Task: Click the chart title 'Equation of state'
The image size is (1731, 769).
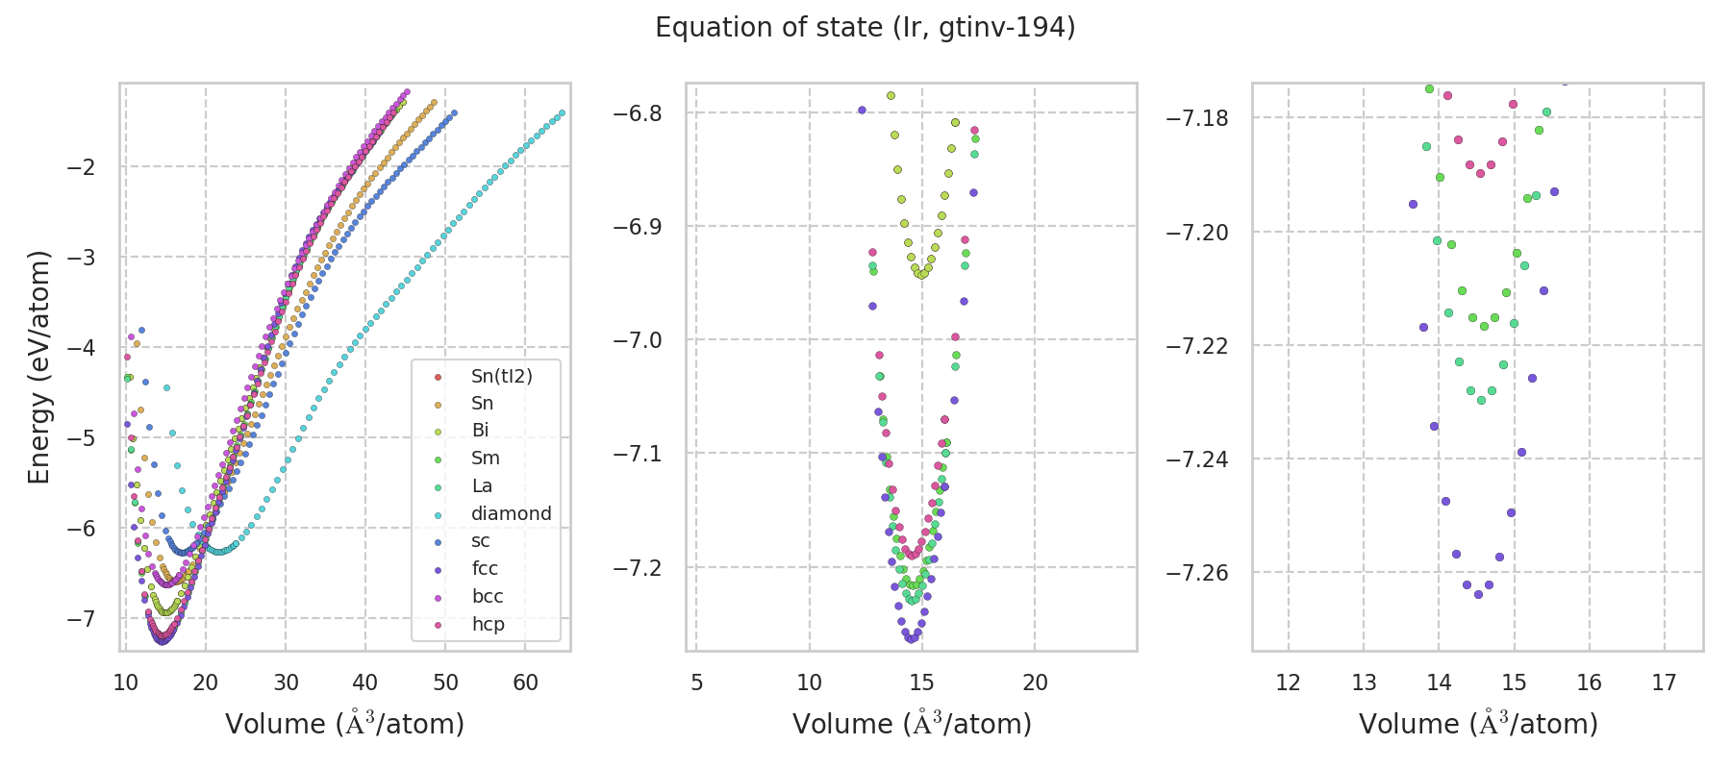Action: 865,28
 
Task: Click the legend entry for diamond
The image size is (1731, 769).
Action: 511,513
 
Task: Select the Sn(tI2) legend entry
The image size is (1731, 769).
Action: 501,376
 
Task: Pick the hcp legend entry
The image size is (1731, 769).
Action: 488,624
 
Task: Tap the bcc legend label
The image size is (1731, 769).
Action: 488,596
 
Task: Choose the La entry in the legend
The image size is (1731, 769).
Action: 482,485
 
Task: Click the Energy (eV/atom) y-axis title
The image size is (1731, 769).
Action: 39,366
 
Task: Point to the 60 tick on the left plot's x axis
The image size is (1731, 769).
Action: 525,682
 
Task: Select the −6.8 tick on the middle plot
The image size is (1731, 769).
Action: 639,113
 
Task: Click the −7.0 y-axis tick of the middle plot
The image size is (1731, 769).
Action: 639,340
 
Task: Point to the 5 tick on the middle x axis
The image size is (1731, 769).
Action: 697,682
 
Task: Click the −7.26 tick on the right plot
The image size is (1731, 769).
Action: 1197,573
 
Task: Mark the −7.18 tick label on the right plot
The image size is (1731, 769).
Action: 1197,118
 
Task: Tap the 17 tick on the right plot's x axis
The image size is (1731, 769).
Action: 1664,682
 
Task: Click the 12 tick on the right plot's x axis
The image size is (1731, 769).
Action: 1288,682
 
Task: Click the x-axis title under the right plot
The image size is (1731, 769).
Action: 1478,724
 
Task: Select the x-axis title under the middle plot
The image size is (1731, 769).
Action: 912,724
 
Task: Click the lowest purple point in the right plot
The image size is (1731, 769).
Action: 1478,594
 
